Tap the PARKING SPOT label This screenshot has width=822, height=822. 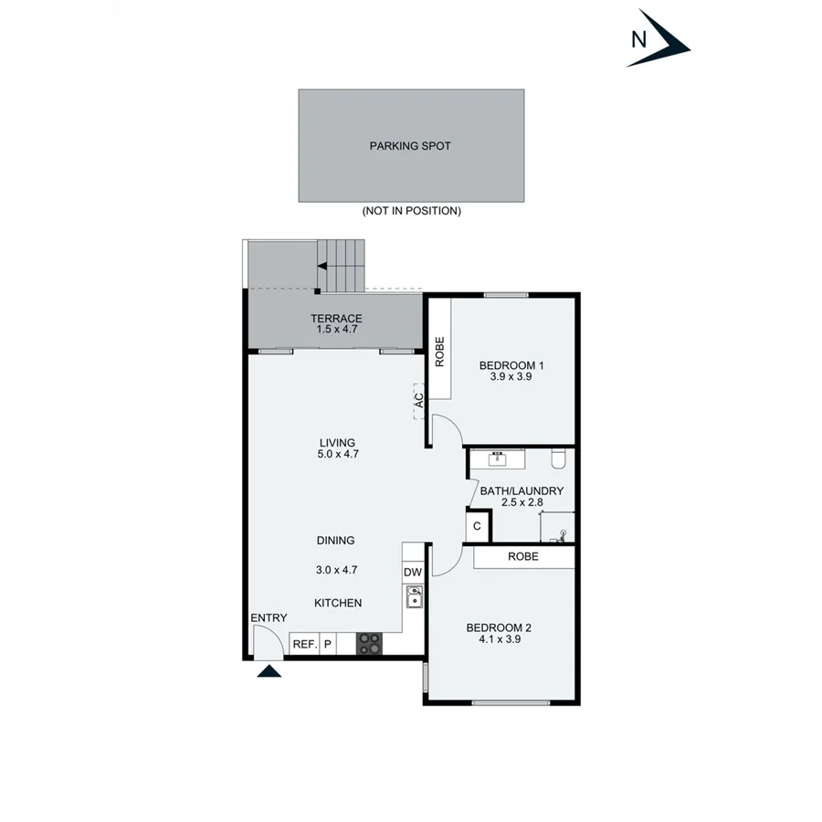coord(410,146)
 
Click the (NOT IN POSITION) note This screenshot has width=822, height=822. coord(411,211)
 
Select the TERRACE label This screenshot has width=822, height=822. coord(336,319)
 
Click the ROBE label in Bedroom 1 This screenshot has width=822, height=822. coord(439,352)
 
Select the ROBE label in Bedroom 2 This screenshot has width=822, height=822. coord(523,556)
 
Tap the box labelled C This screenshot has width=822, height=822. coord(476,527)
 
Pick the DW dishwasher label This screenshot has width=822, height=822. coord(412,573)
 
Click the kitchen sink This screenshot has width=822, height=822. coord(413,597)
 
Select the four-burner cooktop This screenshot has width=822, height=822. coord(369,644)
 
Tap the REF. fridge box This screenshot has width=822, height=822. coord(303,644)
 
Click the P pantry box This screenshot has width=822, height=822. coord(326,644)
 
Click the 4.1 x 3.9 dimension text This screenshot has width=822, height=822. coord(499,639)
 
